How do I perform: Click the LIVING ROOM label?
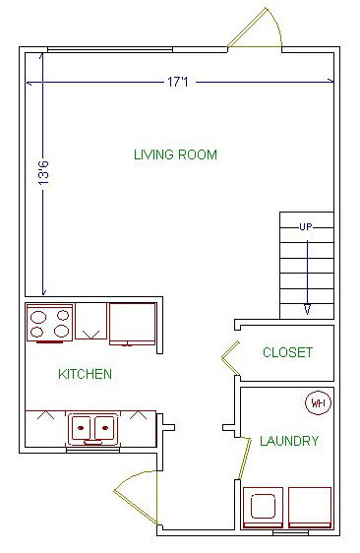[175, 154]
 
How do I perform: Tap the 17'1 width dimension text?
[178, 83]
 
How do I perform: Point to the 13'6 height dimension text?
[43, 173]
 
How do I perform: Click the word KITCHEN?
[85, 374]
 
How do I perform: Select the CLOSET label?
[288, 352]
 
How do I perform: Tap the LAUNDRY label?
[289, 441]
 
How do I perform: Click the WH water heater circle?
[318, 402]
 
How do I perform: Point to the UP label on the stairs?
[306, 226]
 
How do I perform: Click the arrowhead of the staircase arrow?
[308, 309]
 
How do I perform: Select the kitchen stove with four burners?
[50, 324]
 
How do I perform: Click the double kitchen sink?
[92, 429]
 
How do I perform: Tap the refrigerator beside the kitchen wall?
[133, 324]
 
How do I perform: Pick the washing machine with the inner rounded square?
[263, 508]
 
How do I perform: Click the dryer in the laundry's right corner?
[310, 508]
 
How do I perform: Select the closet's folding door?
[231, 358]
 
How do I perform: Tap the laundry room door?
[245, 459]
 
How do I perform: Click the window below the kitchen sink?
[93, 450]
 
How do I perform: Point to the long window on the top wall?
[110, 50]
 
